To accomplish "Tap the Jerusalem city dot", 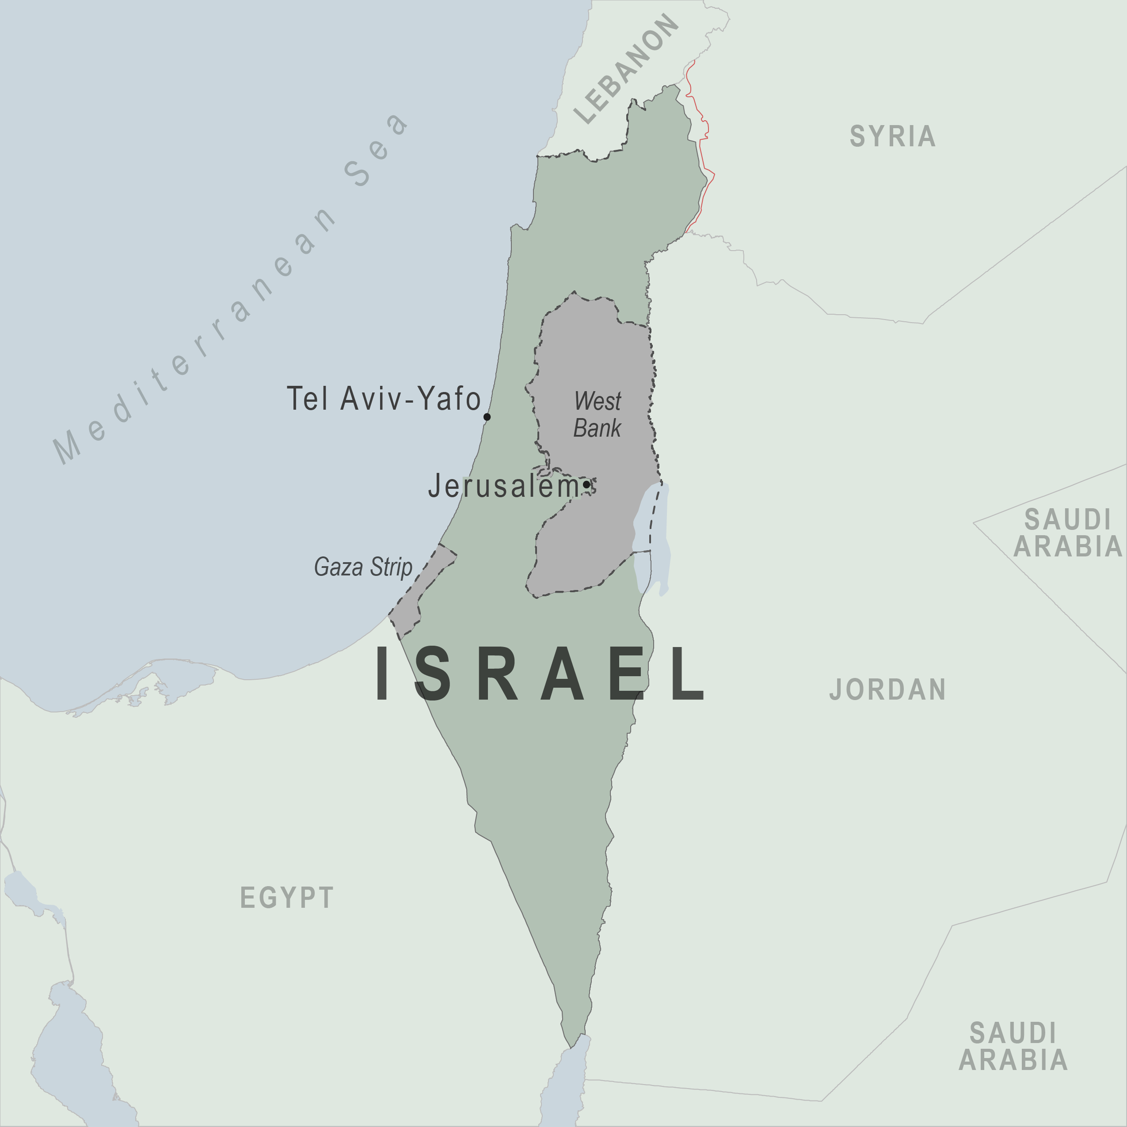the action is [x=586, y=484].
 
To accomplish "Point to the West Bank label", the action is [x=598, y=414].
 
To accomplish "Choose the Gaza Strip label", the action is [x=363, y=567].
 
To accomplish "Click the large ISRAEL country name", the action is [x=540, y=674].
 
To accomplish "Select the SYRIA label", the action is [x=892, y=137].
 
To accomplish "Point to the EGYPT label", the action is [x=287, y=897].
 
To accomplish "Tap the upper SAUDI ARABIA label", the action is [x=1067, y=533].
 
